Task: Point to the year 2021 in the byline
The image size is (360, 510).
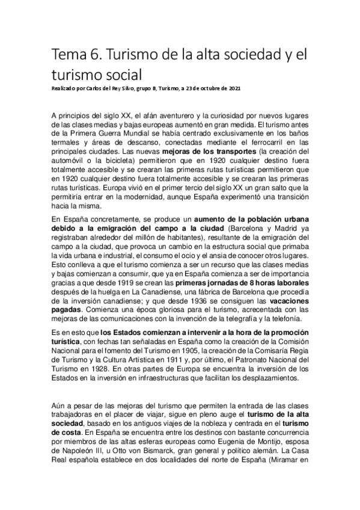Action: (234, 89)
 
